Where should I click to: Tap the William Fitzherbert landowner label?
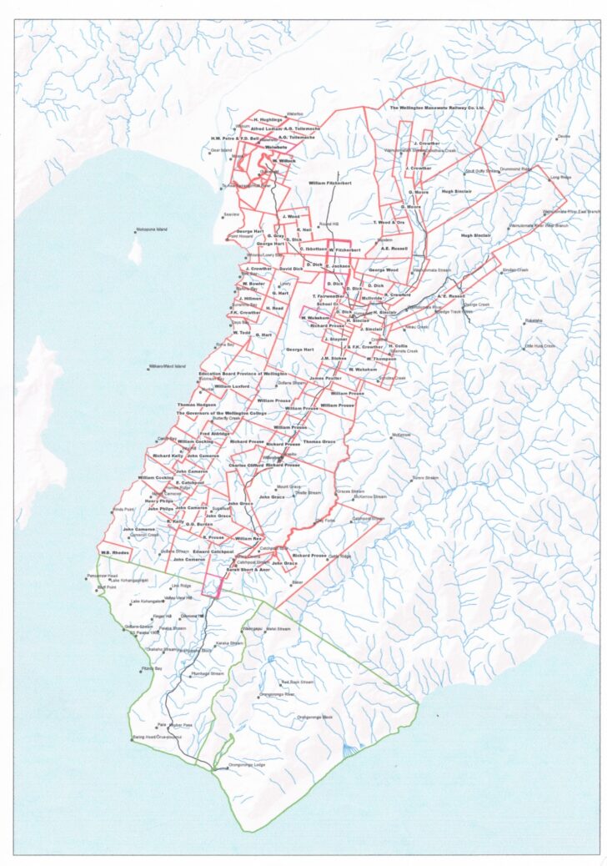pyautogui.click(x=329, y=182)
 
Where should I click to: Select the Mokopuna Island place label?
pyautogui.click(x=151, y=229)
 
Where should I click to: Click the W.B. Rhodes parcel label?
pyautogui.click(x=113, y=552)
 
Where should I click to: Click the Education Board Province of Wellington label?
pyautogui.click(x=243, y=374)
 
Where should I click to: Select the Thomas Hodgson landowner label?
pyautogui.click(x=196, y=405)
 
